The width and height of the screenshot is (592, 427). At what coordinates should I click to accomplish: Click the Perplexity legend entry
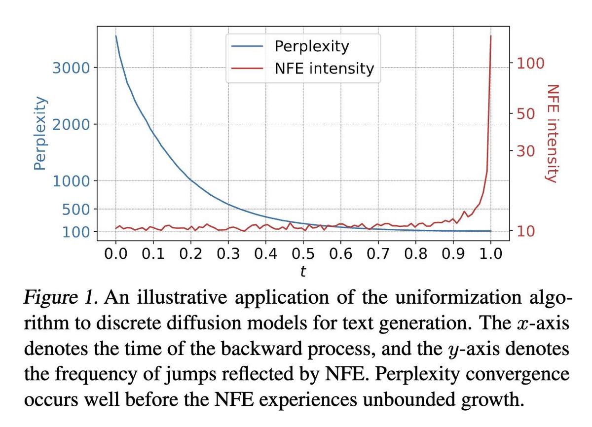(x=311, y=46)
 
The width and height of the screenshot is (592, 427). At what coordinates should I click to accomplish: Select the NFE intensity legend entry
(x=324, y=68)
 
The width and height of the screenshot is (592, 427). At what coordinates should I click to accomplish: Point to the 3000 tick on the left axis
(x=72, y=68)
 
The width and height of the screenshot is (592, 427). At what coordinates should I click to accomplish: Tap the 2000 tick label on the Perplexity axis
(x=72, y=124)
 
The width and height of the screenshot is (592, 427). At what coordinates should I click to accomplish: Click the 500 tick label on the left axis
(x=76, y=209)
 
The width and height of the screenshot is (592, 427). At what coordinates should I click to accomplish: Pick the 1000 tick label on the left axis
(x=72, y=181)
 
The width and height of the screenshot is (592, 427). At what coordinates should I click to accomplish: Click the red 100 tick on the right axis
(x=530, y=63)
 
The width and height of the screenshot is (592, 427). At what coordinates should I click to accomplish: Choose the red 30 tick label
(x=526, y=150)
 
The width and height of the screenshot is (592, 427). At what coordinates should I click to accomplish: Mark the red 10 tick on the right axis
(x=526, y=231)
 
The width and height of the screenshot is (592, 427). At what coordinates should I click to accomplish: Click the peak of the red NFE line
(x=490, y=36)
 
